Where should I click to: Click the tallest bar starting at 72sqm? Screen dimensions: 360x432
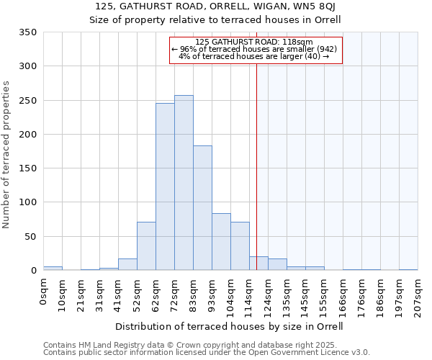(184, 183)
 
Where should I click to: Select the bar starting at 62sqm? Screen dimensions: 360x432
(165, 187)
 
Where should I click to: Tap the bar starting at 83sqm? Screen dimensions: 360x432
(202, 208)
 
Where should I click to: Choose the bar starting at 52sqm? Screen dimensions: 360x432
(146, 246)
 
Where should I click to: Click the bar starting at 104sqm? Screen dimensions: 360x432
(240, 246)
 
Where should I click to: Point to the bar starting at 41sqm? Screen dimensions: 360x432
(127, 264)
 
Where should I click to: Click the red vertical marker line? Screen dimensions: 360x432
(256, 158)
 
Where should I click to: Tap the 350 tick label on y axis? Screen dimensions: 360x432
(28, 32)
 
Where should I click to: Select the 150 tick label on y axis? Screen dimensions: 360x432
(28, 168)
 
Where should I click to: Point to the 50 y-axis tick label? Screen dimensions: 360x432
(31, 236)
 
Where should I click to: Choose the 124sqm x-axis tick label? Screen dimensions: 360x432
(268, 297)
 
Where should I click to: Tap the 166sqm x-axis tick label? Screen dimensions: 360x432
(343, 297)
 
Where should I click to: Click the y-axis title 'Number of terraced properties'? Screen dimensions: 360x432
(7, 155)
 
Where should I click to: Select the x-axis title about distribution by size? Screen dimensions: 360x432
(229, 326)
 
